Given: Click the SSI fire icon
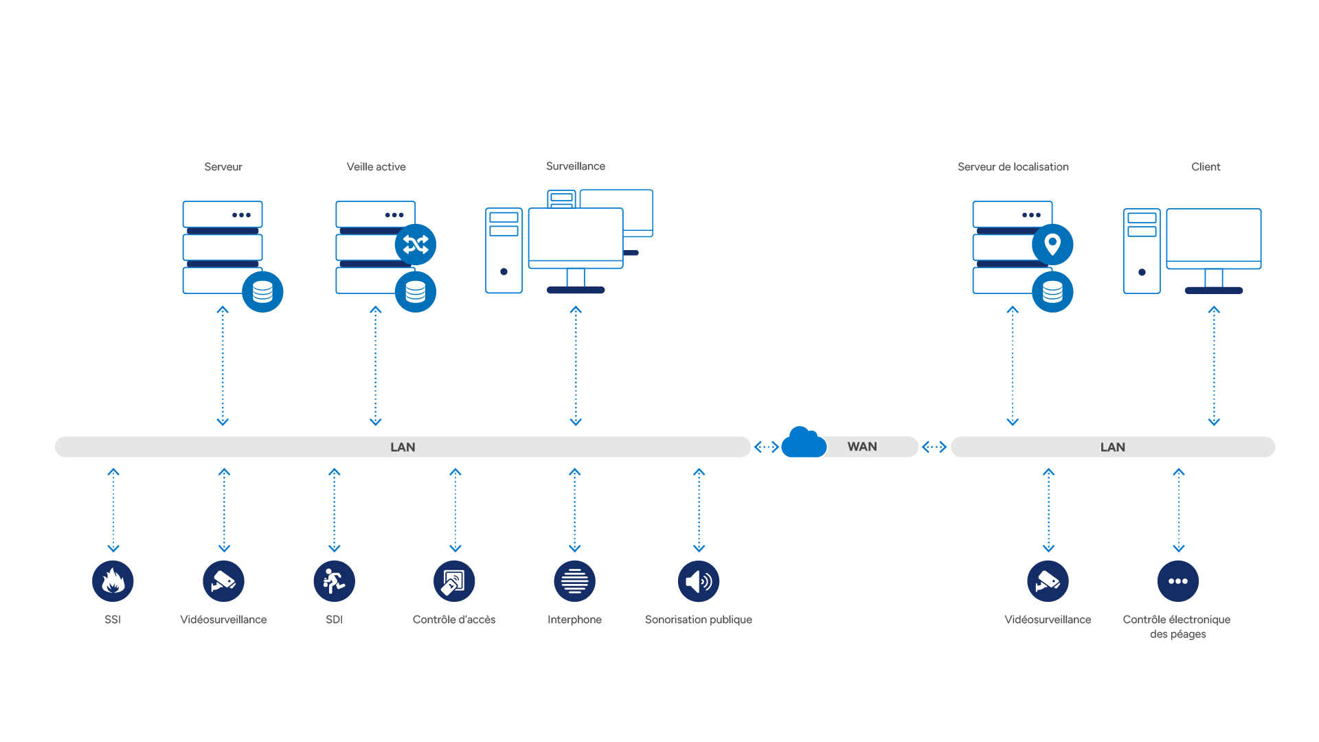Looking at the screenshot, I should pyautogui.click(x=113, y=581).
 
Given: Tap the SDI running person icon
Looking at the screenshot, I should pyautogui.click(x=334, y=581).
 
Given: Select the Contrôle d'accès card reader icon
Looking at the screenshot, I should pyautogui.click(x=454, y=581).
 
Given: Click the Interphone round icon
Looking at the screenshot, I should pyautogui.click(x=574, y=581).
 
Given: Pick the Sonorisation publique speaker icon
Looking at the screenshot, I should pyautogui.click(x=699, y=581).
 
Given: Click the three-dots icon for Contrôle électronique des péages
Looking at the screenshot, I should pyautogui.click(x=1178, y=581).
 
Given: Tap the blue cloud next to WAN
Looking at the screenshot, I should pyautogui.click(x=804, y=443).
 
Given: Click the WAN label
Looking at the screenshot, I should pyautogui.click(x=862, y=447).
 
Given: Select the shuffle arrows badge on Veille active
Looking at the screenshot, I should pyautogui.click(x=416, y=245).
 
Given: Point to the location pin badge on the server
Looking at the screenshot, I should pyautogui.click(x=1052, y=245).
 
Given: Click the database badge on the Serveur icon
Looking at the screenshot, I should pyautogui.click(x=262, y=292).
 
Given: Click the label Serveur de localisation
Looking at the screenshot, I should pyautogui.click(x=1013, y=167).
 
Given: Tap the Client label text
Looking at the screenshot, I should pyautogui.click(x=1206, y=167).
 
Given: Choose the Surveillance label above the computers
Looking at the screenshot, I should pyautogui.click(x=576, y=166).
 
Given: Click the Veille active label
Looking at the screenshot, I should pyautogui.click(x=376, y=167).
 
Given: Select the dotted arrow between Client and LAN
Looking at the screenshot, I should pyautogui.click(x=1214, y=366).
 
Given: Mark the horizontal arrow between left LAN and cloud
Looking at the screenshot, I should pyautogui.click(x=766, y=447).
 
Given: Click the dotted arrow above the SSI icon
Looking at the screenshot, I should pyautogui.click(x=113, y=510).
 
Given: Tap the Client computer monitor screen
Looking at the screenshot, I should pyautogui.click(x=1213, y=236).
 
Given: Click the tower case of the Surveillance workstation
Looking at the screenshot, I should pyautogui.click(x=504, y=251).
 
